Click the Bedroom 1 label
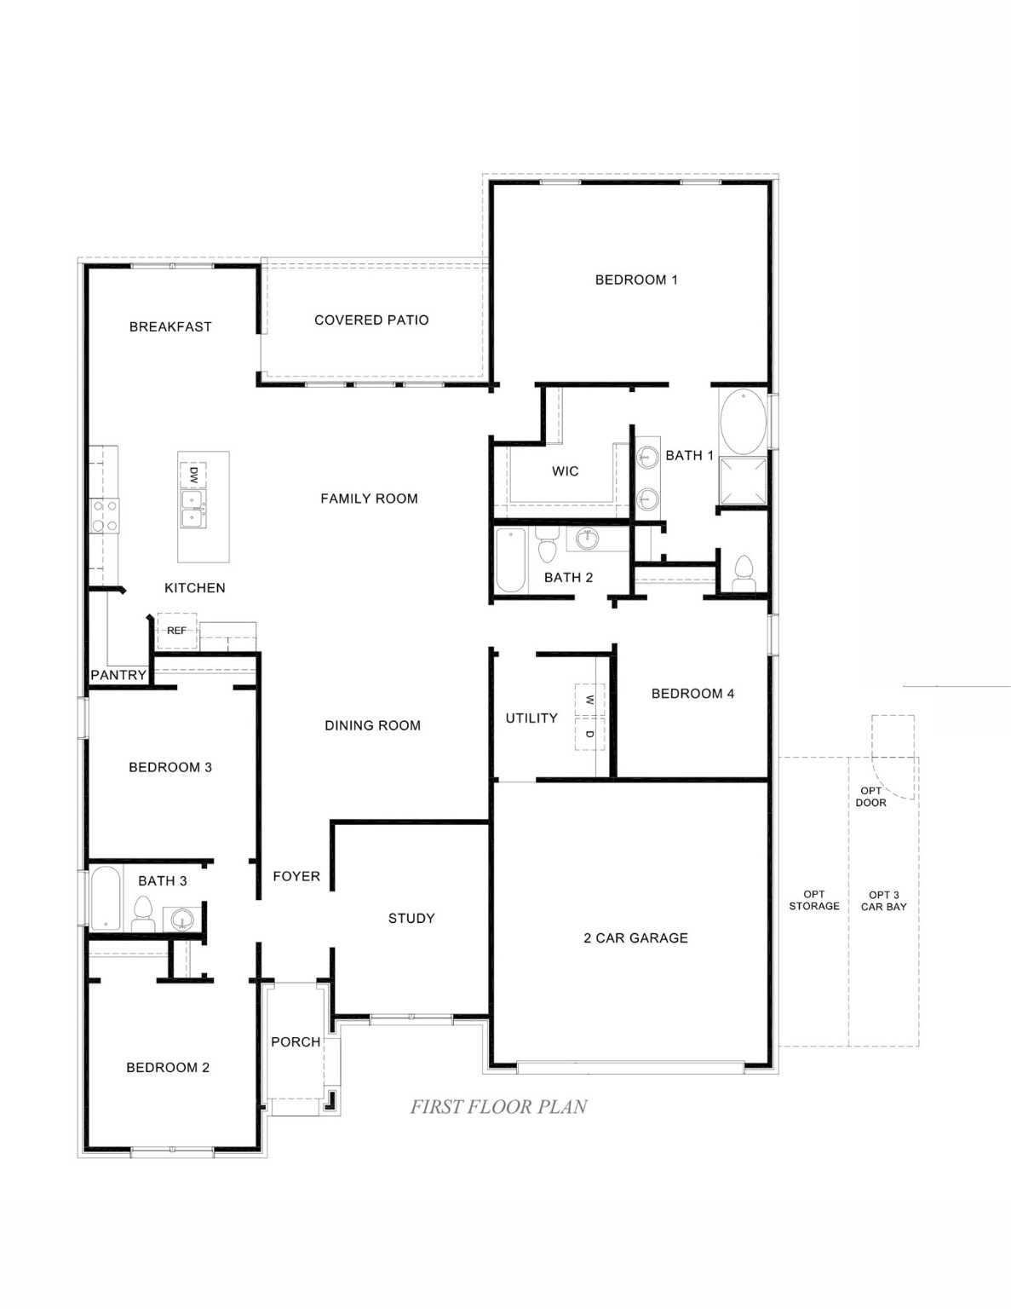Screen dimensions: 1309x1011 pyautogui.click(x=636, y=280)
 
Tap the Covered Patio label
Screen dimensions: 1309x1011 pyautogui.click(x=371, y=320)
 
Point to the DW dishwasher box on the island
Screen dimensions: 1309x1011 pyautogui.click(x=192, y=473)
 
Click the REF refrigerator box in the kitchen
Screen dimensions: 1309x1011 pyautogui.click(x=176, y=631)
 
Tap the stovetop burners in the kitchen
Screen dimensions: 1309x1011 pyautogui.click(x=105, y=516)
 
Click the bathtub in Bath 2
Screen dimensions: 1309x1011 pyautogui.click(x=511, y=560)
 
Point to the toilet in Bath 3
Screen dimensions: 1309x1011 pyautogui.click(x=142, y=914)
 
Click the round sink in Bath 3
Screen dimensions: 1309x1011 pyautogui.click(x=182, y=919)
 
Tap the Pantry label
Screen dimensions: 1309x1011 pyautogui.click(x=118, y=675)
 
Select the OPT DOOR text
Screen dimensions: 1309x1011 pyautogui.click(x=871, y=797)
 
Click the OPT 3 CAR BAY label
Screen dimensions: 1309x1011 pyautogui.click(x=883, y=901)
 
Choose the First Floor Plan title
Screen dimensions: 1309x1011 pyautogui.click(x=498, y=1107)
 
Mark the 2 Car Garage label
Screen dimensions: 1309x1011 pyautogui.click(x=635, y=938)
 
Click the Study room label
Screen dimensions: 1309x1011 pyautogui.click(x=411, y=919)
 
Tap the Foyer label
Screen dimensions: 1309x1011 pyautogui.click(x=296, y=876)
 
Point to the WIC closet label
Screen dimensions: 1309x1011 pyautogui.click(x=565, y=471)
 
